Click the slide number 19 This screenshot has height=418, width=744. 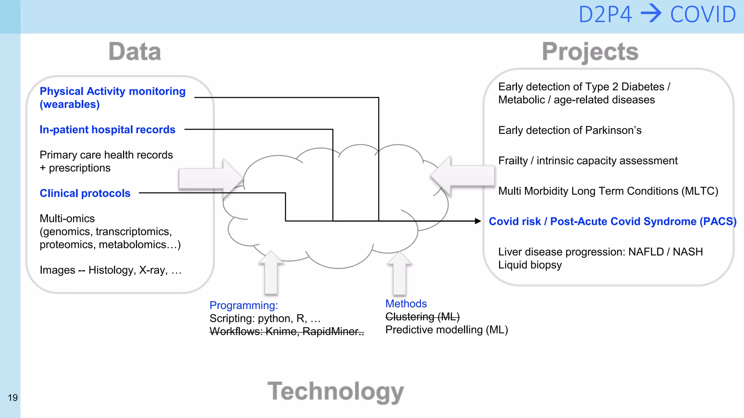point(13,398)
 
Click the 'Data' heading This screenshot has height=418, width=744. point(135,52)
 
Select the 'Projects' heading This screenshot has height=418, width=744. point(590,52)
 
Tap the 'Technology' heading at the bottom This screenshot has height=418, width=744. point(336,392)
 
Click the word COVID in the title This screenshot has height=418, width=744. point(703,15)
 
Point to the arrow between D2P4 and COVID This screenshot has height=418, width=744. point(651,14)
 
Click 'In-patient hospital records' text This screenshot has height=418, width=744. point(107,130)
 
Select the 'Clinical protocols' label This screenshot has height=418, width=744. point(85,193)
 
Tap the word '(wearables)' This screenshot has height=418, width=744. point(70,104)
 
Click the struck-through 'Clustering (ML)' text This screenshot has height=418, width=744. point(422,317)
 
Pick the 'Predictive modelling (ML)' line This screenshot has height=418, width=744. point(446,330)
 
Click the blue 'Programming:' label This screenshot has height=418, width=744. point(243,305)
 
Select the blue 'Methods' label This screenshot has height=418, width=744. point(406,304)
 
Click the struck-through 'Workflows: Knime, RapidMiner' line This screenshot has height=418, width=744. point(287,331)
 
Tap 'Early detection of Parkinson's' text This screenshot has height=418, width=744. point(570,130)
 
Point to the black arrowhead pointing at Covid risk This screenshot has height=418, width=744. point(478,221)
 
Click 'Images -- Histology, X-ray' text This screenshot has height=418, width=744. point(110,270)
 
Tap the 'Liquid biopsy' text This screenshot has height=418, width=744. point(530,265)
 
